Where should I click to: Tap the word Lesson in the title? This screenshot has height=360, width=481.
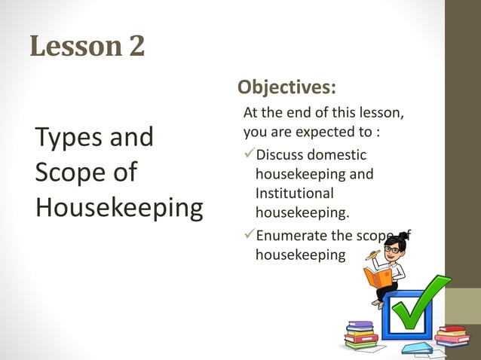(x=67, y=47)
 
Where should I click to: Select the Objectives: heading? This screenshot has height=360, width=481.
(x=286, y=87)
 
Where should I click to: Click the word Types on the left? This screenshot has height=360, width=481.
(x=70, y=137)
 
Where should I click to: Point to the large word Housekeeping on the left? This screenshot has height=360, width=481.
(x=119, y=207)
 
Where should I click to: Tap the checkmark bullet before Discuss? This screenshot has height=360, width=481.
(x=249, y=155)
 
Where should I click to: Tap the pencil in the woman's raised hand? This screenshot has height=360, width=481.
(x=371, y=255)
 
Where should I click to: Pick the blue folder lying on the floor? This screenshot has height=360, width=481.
(x=417, y=348)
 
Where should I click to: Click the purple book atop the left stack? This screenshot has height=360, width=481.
(x=360, y=325)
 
